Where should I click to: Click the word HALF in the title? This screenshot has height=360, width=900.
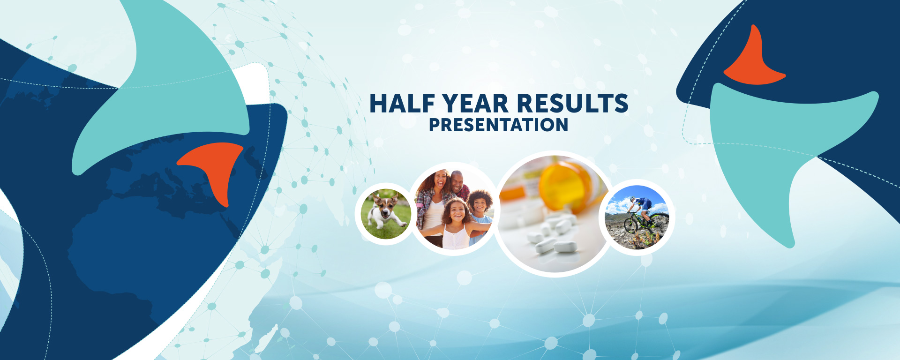[403, 104]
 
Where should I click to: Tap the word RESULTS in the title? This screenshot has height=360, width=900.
[572, 104]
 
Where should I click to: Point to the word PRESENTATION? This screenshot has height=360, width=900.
[499, 125]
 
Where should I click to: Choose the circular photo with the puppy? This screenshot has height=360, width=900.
[386, 214]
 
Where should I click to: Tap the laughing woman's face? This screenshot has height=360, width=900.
[440, 180]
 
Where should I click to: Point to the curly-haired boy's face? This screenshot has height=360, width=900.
[480, 205]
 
